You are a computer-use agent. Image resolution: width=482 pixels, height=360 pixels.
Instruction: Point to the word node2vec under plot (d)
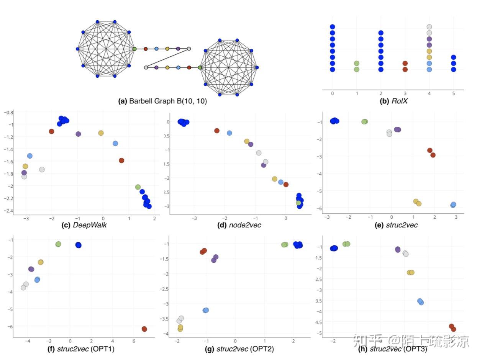pos(245,225)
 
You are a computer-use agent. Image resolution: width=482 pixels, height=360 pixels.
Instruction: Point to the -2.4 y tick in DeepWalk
pos(7,211)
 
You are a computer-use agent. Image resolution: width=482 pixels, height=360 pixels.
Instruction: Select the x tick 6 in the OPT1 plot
pos(134,340)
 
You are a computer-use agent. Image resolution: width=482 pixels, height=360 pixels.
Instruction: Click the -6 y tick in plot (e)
pos(318,208)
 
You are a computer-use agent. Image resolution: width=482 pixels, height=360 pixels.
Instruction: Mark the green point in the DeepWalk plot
pos(138,187)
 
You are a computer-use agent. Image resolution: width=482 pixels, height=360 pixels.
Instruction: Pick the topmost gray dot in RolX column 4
pos(429,27)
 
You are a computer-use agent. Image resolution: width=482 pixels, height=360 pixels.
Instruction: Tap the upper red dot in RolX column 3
pos(405,63)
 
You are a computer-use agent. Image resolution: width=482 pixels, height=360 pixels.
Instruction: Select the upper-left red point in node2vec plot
pos(217,131)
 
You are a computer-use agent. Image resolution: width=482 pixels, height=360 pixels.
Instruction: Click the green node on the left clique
pos(134,49)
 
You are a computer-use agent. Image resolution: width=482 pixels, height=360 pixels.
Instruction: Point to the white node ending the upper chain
pos(189,49)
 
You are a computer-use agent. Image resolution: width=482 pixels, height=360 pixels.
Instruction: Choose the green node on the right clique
pos(200,67)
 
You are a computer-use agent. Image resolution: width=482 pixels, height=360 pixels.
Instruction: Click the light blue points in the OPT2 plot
pos(206,310)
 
